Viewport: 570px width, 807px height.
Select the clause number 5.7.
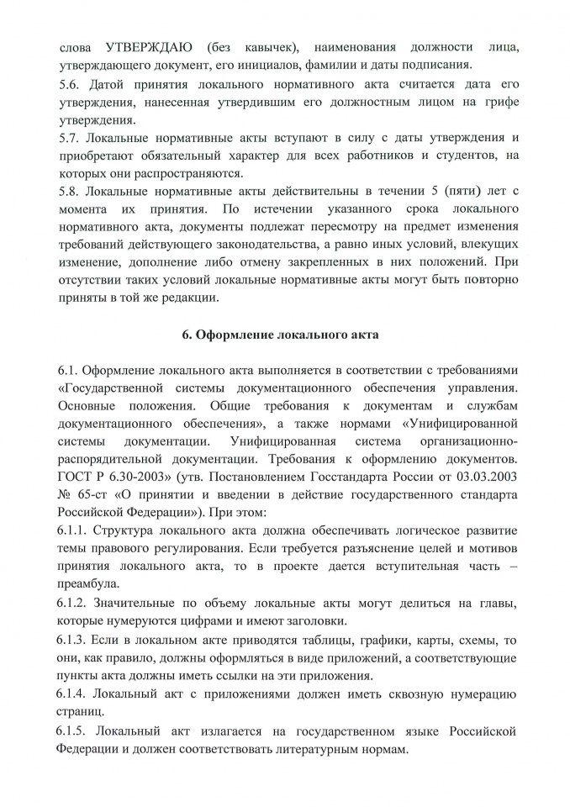[x=69, y=137]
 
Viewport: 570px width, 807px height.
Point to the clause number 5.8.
[x=69, y=190]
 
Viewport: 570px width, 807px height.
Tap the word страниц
[x=82, y=712]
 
